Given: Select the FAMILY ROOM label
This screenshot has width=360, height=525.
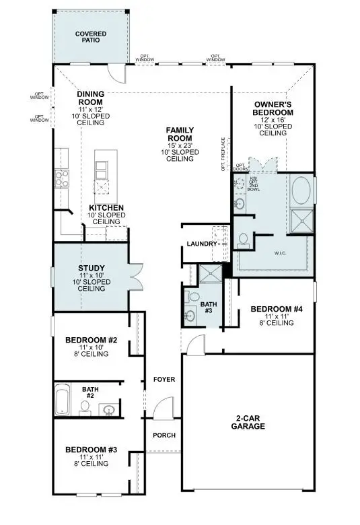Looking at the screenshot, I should (x=180, y=134).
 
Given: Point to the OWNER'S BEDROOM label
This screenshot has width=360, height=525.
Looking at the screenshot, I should (x=272, y=108).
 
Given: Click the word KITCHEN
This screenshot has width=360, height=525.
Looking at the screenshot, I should (x=106, y=208).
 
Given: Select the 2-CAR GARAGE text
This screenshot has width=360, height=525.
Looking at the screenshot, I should (x=248, y=422).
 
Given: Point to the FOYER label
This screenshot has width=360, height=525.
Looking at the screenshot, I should (x=164, y=380).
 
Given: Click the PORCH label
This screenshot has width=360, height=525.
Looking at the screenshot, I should (x=164, y=435).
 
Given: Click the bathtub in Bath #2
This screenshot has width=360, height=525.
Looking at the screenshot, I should (x=63, y=400).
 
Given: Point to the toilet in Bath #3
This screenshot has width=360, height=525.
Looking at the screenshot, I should (x=193, y=297).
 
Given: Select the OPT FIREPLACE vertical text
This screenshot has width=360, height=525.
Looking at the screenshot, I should (x=222, y=154).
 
